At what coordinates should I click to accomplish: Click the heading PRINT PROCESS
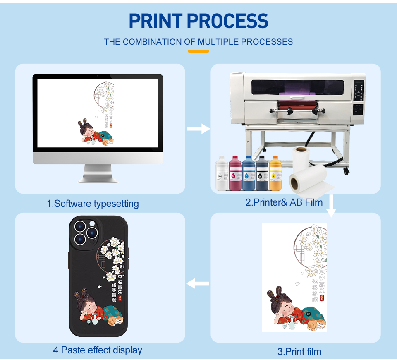(198, 21)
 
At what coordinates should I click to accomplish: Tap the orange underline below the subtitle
(198, 51)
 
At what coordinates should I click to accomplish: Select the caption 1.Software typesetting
(93, 204)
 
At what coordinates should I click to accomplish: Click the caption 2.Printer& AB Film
(284, 202)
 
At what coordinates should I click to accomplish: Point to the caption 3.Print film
(299, 352)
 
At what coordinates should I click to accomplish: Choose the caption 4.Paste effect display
(98, 350)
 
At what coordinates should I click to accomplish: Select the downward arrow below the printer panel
(331, 206)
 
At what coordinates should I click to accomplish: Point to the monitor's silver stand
(98, 174)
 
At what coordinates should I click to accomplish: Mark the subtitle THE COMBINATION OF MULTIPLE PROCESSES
(198, 42)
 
